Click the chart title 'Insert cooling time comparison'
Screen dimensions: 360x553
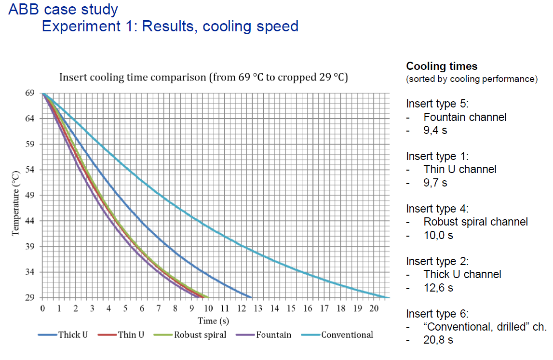pos(203,77)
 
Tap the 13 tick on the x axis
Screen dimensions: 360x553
pos(258,308)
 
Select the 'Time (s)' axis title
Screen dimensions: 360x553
pos(213,320)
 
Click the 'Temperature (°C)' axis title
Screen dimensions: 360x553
pos(15,202)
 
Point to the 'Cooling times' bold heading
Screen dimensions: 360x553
pos(442,66)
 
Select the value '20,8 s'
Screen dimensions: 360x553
pos(438,340)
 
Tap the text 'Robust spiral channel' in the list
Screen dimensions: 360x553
pos(475,222)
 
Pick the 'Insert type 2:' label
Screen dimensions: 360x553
pos(437,261)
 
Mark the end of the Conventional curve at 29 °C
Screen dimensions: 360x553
pos(388,297)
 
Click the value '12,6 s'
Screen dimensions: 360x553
pos(438,288)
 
